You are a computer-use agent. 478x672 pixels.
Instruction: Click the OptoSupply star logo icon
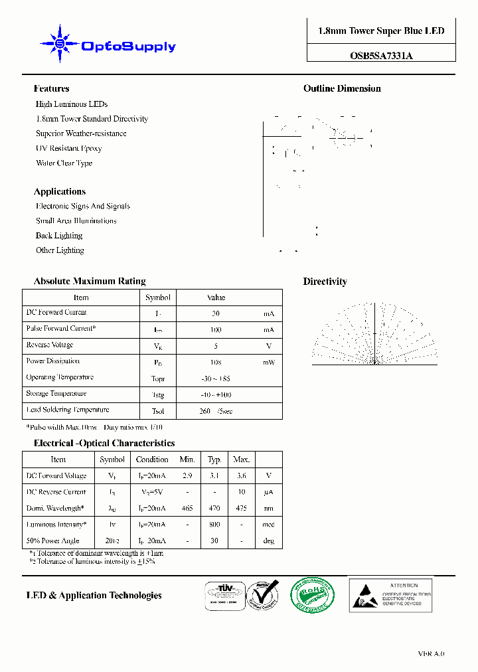(x=60, y=44)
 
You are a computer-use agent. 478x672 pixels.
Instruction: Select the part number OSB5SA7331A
(x=381, y=56)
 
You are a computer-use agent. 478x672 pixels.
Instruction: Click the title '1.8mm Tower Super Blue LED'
(x=381, y=31)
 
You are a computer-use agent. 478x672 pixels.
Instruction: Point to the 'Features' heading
(x=51, y=89)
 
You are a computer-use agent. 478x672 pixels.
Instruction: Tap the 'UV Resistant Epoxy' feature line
(x=68, y=148)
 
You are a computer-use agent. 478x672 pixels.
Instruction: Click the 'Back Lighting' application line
(x=59, y=236)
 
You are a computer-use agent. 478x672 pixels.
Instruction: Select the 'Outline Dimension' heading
(x=342, y=89)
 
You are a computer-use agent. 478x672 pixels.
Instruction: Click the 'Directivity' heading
(x=325, y=282)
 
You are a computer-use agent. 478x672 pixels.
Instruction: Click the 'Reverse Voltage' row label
(x=50, y=345)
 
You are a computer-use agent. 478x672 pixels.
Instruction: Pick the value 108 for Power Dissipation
(x=216, y=362)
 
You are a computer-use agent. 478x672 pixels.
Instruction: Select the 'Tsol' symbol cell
(x=157, y=411)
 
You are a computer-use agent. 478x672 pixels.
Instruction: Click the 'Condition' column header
(x=152, y=460)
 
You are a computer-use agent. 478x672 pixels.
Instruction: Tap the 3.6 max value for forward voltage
(x=241, y=476)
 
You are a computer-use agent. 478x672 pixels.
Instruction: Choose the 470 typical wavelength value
(x=214, y=509)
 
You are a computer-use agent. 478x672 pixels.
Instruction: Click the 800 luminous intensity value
(x=214, y=525)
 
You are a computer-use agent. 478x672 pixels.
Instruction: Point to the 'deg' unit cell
(x=269, y=541)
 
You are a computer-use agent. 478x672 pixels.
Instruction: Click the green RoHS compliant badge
(x=312, y=594)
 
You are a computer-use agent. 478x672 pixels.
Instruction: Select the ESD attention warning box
(x=390, y=594)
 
